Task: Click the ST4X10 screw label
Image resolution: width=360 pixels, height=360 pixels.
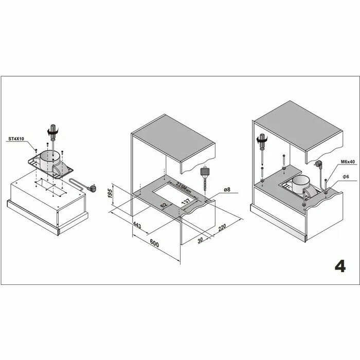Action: [16, 139]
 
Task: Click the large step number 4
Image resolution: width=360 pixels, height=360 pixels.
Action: [340, 266]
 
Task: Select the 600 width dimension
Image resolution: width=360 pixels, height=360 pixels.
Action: [154, 243]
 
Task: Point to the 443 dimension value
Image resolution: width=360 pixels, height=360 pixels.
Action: [137, 225]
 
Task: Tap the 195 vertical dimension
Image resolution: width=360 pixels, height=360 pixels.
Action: [110, 193]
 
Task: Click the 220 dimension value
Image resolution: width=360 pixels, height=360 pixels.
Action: [222, 227]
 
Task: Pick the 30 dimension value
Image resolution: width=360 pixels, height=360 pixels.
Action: [200, 240]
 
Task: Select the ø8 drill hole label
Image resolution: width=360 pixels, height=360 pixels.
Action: [227, 190]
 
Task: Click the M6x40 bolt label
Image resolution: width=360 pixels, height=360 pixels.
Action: [348, 161]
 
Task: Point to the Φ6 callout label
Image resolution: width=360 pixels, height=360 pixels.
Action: [346, 176]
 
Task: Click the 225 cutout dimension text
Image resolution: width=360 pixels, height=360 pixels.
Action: [184, 188]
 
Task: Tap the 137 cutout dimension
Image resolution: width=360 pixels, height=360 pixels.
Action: [186, 202]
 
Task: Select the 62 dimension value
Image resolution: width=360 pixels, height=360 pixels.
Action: [164, 205]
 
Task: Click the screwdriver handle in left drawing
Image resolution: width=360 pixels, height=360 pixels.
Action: [53, 131]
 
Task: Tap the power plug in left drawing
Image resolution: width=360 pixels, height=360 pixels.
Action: [92, 188]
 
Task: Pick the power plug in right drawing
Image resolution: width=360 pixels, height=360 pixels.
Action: [318, 165]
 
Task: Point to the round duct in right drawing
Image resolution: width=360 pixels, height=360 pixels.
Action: [301, 184]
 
